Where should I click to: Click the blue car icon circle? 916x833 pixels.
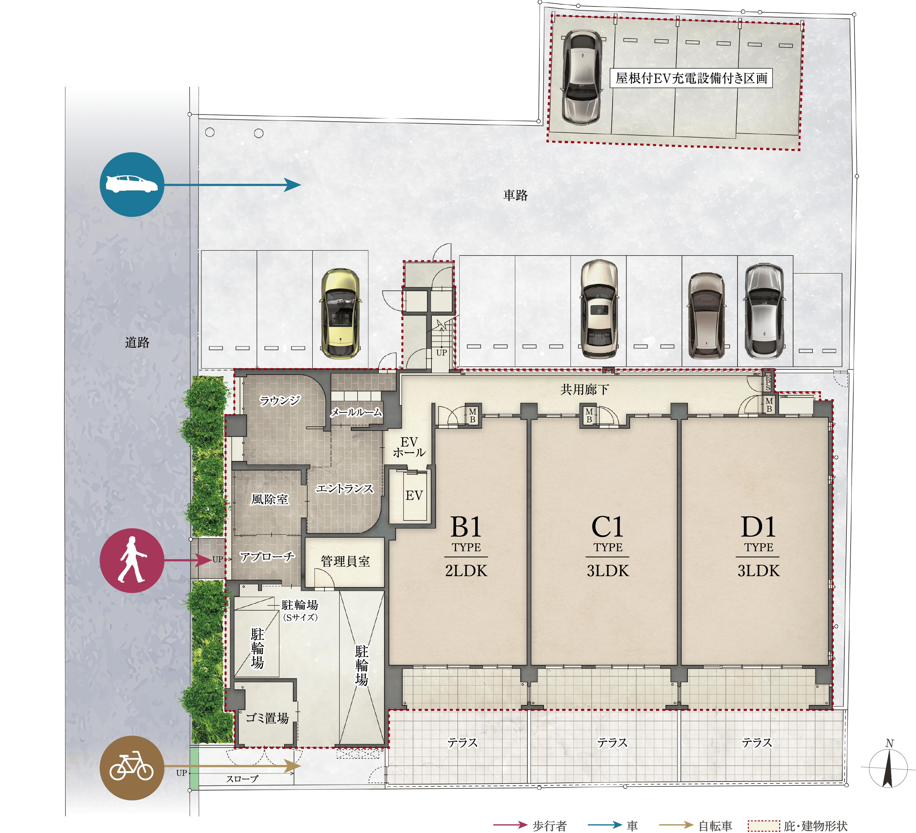click(x=132, y=184)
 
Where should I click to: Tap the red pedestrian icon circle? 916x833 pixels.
click(x=132, y=560)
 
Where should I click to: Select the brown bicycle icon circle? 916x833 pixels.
click(x=132, y=768)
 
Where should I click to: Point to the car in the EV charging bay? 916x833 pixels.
click(x=583, y=77)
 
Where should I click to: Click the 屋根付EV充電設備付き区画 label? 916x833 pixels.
click(x=691, y=78)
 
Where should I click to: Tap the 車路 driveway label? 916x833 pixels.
click(x=515, y=195)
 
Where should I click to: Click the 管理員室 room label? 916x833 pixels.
click(x=345, y=561)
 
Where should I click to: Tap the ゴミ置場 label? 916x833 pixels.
click(x=267, y=718)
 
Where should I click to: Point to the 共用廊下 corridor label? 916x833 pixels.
click(x=584, y=389)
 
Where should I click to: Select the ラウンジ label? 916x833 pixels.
click(x=279, y=400)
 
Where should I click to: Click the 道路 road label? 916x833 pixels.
click(x=137, y=342)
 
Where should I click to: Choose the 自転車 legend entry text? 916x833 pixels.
click(x=715, y=826)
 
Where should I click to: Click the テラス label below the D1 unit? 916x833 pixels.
click(x=757, y=742)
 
